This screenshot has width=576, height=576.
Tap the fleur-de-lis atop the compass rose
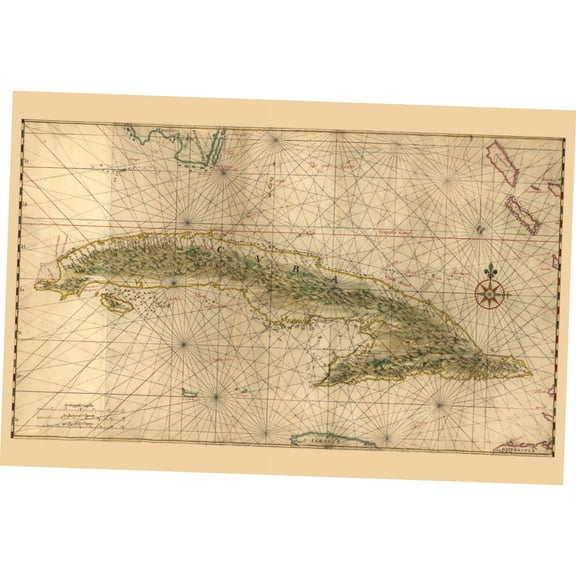tap(490, 271)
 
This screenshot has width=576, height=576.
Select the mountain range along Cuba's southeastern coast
tap(420, 366)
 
